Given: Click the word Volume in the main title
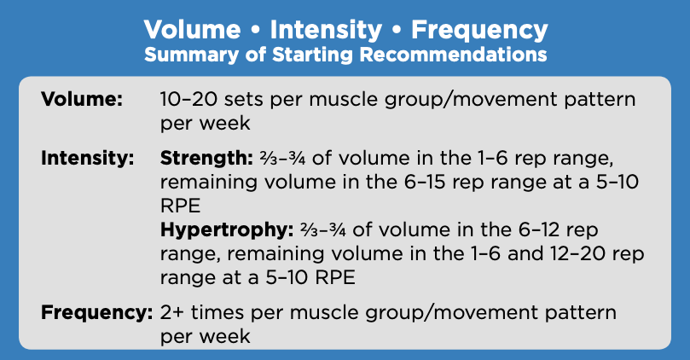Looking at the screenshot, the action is [192, 30].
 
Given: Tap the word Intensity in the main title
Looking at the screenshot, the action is [326, 30].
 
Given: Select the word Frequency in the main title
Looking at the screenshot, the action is [479, 30].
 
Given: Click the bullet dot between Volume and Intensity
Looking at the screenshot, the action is [255, 31].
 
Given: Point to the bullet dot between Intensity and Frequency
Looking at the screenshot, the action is [397, 31].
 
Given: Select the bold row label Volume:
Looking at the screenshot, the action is [82, 99].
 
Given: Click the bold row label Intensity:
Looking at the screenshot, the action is [88, 158].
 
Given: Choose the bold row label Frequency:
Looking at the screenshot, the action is [97, 312].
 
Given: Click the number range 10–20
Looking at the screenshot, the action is [188, 99].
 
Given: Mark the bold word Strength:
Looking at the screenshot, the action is [206, 158].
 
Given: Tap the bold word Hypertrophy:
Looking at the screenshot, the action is [227, 229].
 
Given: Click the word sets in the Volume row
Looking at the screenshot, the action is [244, 100].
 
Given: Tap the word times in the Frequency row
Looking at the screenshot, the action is [217, 312].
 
